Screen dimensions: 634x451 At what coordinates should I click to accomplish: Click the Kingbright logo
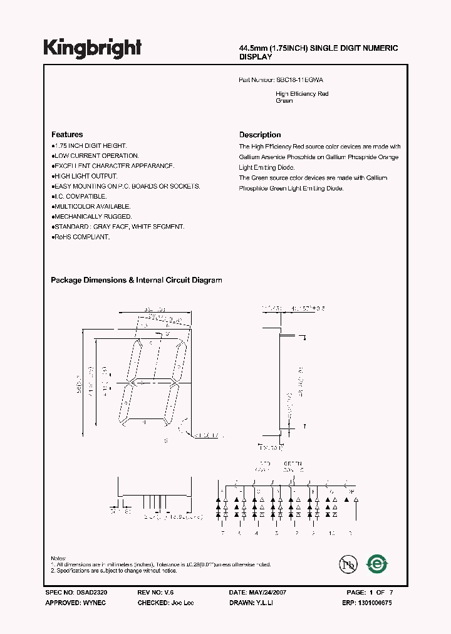92,48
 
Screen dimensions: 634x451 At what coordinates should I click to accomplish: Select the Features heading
66,135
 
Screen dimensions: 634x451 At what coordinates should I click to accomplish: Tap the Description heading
260,135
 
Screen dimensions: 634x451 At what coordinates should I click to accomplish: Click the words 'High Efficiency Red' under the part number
302,94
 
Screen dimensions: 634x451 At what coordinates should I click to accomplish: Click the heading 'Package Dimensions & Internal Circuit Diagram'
136,281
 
